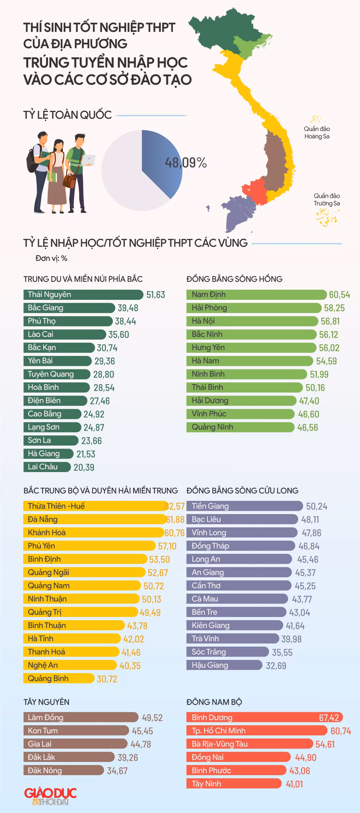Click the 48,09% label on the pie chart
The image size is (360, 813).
tap(186, 163)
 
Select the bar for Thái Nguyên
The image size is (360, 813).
tap(83, 295)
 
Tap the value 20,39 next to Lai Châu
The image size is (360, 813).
tap(84, 467)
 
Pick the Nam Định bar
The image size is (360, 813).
tap(256, 295)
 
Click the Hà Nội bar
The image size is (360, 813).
tap(252, 321)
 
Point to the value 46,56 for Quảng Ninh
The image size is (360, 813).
tap(308, 427)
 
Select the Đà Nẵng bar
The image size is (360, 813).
tap(95, 519)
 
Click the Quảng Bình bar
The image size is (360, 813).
tap(59, 678)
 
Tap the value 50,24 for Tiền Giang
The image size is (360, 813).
tap(316, 507)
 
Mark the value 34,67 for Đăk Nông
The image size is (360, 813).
tap(117, 771)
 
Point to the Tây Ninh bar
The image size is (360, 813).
tap(234, 783)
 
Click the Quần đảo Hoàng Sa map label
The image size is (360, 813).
tap(317, 132)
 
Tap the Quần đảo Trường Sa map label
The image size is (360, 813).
tap(327, 199)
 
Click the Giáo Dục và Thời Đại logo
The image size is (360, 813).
tap(50, 796)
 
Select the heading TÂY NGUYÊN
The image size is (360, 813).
tap(46, 702)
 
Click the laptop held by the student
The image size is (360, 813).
tap(89, 160)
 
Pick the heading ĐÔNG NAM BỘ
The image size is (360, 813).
tap(214, 702)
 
